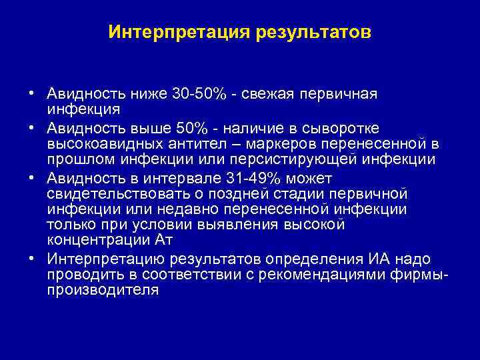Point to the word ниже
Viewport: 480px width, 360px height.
pos(149,93)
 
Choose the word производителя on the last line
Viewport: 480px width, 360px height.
pos(103,291)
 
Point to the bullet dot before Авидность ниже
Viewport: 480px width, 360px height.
pos(31,93)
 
